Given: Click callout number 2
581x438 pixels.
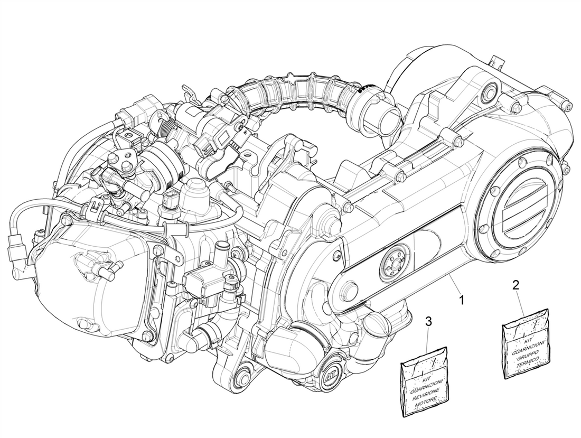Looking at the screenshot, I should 515,286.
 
